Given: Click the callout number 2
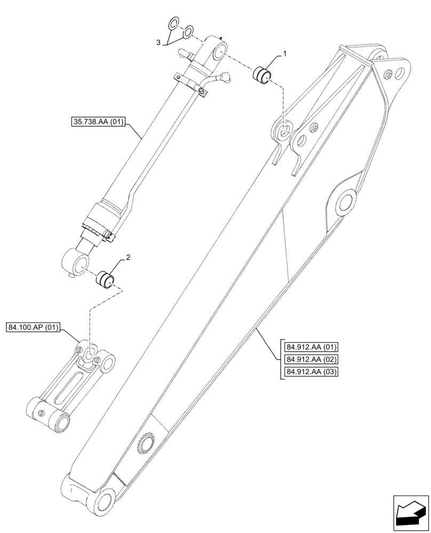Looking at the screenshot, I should (x=127, y=259).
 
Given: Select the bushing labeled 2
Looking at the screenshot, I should (x=105, y=279).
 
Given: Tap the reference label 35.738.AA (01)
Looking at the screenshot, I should (x=98, y=122).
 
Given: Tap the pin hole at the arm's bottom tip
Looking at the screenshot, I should (x=104, y=500).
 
